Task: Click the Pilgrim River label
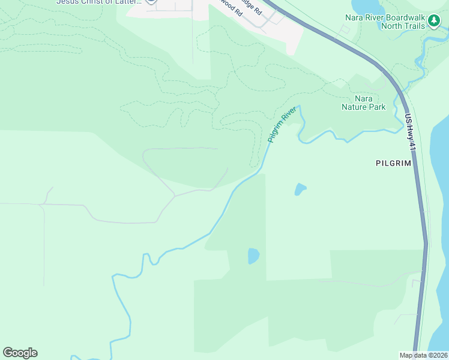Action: click(282, 125)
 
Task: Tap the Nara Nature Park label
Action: click(363, 103)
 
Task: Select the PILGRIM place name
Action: click(393, 163)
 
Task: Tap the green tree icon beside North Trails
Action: click(434, 22)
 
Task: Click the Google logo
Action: click(20, 353)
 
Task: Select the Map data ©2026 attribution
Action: click(424, 355)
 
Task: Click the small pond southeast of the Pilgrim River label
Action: click(300, 190)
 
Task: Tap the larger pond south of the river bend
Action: click(253, 256)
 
